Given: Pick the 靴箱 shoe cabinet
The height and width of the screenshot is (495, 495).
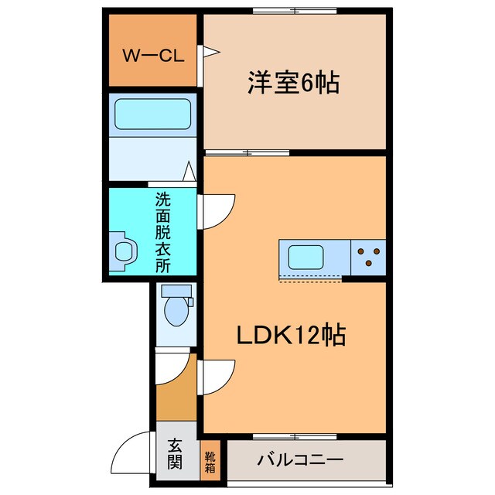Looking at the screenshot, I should [x=210, y=461].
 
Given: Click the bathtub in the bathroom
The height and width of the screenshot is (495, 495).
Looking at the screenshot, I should [x=152, y=114].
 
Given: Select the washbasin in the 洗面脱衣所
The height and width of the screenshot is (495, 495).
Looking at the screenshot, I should [x=124, y=251].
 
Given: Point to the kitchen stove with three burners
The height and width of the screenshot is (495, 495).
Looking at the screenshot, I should [x=368, y=256].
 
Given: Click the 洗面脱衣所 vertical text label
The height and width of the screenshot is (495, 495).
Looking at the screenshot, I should [x=162, y=231].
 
